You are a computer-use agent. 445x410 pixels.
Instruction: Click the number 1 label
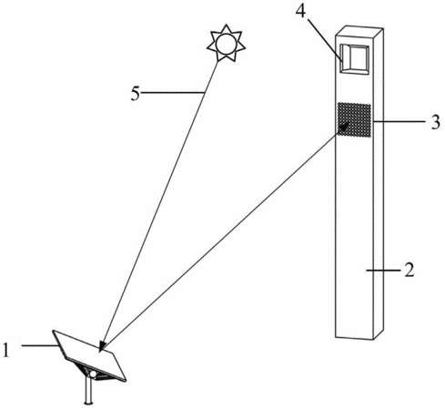(6, 349)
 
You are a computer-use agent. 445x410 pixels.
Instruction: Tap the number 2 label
(409, 270)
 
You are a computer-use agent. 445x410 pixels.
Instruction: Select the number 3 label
(436, 122)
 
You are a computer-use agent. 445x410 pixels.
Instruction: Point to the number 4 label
(300, 10)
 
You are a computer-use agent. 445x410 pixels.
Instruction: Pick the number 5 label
(136, 93)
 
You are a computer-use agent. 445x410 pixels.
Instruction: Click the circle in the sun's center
(226, 44)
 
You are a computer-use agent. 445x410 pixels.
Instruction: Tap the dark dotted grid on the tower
(354, 120)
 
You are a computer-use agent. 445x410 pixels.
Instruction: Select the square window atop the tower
(354, 59)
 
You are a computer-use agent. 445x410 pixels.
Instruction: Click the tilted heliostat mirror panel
(89, 355)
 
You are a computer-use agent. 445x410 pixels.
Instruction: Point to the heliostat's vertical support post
(88, 391)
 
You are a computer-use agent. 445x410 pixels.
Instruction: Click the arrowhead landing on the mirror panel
(103, 347)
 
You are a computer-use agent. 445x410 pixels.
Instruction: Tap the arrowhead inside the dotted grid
(344, 127)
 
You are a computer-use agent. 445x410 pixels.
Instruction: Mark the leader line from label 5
(173, 92)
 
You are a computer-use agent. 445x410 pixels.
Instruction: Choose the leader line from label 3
(399, 121)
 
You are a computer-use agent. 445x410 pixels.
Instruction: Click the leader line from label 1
(39, 345)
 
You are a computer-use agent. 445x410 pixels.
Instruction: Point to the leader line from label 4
(325, 39)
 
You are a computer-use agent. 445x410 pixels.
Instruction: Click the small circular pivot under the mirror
(93, 374)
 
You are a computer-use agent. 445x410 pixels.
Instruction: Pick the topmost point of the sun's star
(226, 25)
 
